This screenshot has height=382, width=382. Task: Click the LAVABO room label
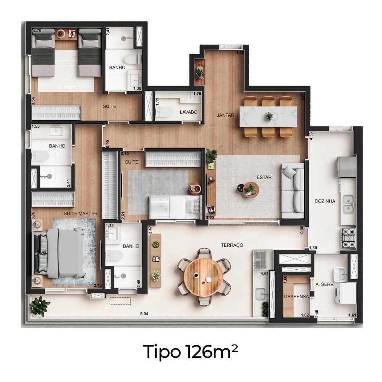(189, 112)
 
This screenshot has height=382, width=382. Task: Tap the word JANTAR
(225, 115)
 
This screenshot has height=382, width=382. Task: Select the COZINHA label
(325, 201)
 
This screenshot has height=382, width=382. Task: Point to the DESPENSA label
(296, 297)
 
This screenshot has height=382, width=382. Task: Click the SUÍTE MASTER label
(81, 214)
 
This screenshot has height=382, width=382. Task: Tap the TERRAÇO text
(232, 245)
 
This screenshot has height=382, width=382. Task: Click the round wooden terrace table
(203, 277)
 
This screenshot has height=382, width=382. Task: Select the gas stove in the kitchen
(348, 238)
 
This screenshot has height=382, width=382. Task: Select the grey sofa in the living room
(293, 191)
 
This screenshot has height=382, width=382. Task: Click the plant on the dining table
(269, 117)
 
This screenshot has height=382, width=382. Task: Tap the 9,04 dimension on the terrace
(144, 314)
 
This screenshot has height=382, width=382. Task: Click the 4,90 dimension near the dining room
(302, 96)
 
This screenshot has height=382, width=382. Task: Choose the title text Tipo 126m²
(191, 351)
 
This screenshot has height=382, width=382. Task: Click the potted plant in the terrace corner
(39, 306)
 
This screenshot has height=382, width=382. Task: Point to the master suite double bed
(58, 254)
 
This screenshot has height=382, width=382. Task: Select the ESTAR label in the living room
(264, 177)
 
